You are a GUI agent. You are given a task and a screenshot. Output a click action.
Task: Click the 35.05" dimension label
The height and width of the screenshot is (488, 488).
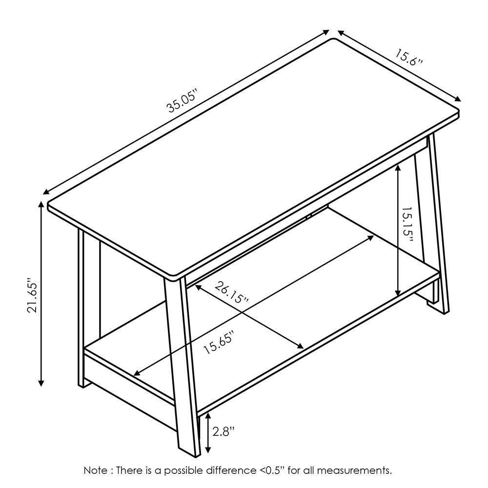pos(182,102)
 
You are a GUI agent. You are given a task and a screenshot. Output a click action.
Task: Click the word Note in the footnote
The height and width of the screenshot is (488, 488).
pos(96,471)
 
